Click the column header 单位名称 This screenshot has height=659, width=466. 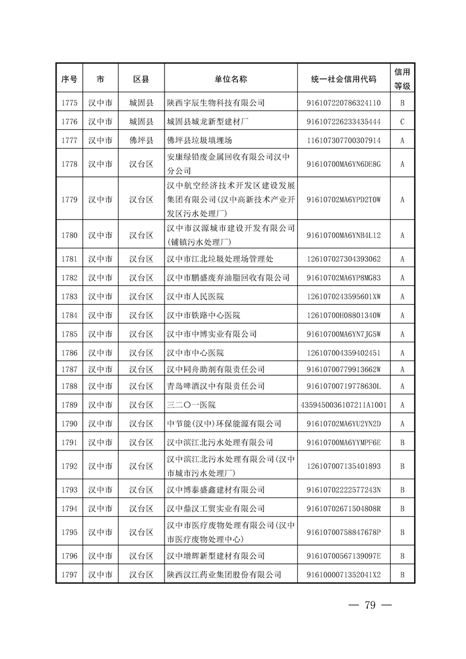pos(231,79)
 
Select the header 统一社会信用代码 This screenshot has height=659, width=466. pos(344,79)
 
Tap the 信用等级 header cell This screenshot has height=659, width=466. pos(403,79)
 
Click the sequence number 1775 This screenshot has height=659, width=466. pos(69,103)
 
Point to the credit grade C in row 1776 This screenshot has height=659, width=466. pos(403,122)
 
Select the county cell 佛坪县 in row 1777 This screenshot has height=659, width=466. pos(141,140)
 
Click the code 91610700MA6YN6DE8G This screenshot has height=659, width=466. pos(344,164)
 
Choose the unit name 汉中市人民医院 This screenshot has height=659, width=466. pos(195,297)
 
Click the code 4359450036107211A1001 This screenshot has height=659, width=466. pos(344,405)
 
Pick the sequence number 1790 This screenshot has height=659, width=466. pos(69,423)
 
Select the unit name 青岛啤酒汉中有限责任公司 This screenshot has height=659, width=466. pos(216,386)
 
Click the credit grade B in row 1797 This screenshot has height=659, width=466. pos(403,574)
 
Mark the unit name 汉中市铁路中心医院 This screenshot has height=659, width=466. pos(203,315)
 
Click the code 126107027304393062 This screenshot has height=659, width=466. pos(344,259)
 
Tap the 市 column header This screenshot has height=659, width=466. pos(100,79)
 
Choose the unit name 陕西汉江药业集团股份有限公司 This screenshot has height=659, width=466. pos(224,574)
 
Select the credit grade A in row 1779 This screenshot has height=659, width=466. pos(403,199)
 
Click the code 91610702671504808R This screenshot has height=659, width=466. pos(344,509)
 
